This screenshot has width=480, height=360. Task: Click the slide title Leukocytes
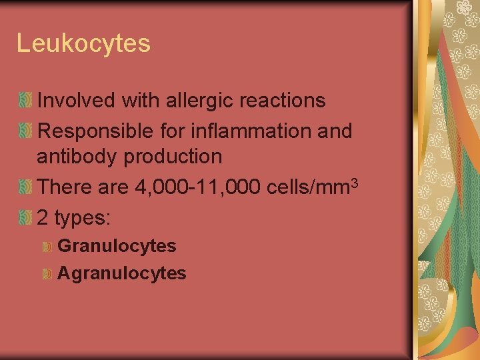(x=83, y=44)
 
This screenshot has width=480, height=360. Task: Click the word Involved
(x=78, y=101)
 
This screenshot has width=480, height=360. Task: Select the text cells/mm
(x=307, y=187)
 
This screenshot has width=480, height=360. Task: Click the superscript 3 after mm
(x=355, y=182)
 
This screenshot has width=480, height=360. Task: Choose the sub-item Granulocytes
(x=117, y=246)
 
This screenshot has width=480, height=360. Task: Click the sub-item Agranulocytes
(x=122, y=273)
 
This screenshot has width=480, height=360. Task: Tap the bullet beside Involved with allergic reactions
(x=25, y=101)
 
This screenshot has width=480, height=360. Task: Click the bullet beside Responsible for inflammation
(x=25, y=131)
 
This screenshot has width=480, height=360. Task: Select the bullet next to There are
(x=25, y=187)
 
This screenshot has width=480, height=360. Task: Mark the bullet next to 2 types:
(x=25, y=218)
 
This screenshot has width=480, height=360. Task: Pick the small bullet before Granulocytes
(x=47, y=247)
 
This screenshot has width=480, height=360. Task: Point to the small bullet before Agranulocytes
(x=47, y=273)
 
